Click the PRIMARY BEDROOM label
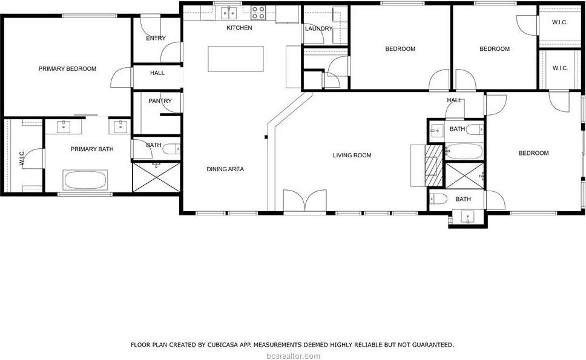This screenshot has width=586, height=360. coord(67,69)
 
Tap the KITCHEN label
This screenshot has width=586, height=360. coord(239,28)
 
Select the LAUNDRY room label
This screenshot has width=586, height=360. coord(318,28)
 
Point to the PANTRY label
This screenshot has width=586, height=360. coord(160,101)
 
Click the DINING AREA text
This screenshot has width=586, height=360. coord(225,169)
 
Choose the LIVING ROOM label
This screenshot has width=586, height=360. coord(352,155)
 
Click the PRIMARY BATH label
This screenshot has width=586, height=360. coord(92,149)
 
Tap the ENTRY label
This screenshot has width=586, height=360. coord(156,39)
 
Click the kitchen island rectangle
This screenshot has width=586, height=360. coord(235,59)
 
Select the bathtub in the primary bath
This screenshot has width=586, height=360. coord(85,180)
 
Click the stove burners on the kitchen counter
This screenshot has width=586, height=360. coord(258,13)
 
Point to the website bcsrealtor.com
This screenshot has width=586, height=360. coord(292,356)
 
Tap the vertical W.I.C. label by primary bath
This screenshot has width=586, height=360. coord(21,159)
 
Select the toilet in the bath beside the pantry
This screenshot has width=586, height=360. coord(171,148)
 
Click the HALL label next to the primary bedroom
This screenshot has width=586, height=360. coord(157,73)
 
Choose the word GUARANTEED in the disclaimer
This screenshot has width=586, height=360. coord(430,345)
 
